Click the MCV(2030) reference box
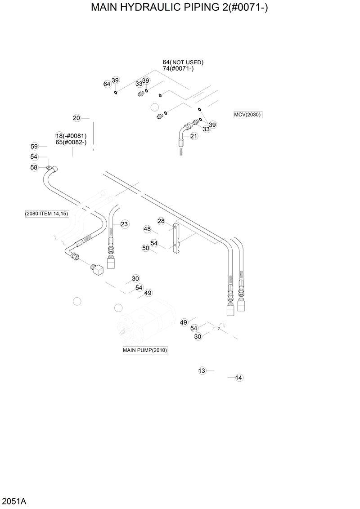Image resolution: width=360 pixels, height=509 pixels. tap(247, 115)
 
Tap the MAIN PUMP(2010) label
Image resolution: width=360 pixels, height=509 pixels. tap(145, 350)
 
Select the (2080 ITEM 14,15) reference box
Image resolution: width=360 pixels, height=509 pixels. tap(47, 214)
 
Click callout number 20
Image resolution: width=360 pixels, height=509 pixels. tap(76, 118)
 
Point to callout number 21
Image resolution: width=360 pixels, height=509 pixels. tap(194, 136)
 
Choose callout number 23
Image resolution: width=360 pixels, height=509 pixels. tap(124, 224)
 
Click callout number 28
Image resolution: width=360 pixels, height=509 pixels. tap(161, 221)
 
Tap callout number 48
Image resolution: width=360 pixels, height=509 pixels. tap(147, 229)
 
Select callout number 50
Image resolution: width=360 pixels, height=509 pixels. tap(145, 248)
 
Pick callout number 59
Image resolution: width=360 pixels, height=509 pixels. tap(34, 146)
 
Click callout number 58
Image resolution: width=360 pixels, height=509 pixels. tap(34, 167)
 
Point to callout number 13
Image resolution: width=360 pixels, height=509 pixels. tap(202, 371)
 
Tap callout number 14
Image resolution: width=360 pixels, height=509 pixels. tap(239, 378)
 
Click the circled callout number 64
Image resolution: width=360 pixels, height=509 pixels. tap(107, 84)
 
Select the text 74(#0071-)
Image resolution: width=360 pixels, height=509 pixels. tap(178, 69)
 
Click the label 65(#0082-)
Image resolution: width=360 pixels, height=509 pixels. tap(71, 142)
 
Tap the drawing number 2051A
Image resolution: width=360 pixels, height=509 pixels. tap(13, 501)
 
